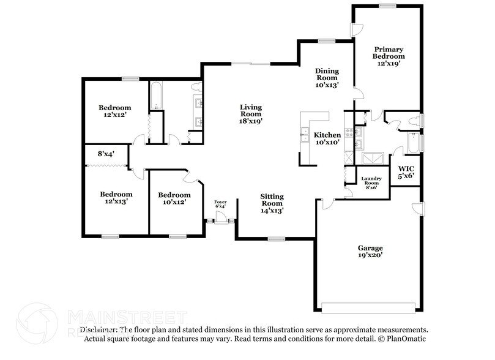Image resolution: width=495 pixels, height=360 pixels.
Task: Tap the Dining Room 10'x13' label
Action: coord(327,78)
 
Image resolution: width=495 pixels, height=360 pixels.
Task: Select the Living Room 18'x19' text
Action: coord(250,114)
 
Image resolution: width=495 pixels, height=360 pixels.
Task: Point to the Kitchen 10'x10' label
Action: coord(327,138)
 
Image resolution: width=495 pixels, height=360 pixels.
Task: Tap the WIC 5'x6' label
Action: coord(406,171)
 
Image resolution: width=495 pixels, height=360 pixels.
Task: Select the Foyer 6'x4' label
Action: coord(220,204)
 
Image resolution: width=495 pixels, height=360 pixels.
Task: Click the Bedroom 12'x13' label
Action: coord(116,197)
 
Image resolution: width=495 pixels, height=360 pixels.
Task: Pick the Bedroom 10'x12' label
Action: coord(174,198)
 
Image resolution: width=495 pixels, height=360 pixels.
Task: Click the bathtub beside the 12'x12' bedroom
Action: coord(155,95)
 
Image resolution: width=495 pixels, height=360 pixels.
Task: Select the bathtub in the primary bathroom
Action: coord(414,143)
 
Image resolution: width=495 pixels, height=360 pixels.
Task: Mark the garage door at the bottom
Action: coord(371,307)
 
